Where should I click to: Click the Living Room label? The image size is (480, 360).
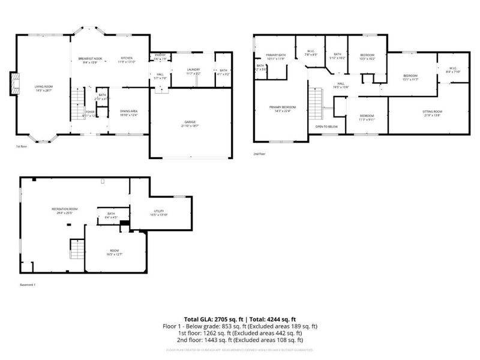pyautogui.click(x=44, y=88)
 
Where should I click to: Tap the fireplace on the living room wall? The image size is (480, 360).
pyautogui.click(x=14, y=85)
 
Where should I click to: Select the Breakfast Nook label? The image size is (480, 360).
pyautogui.click(x=90, y=58)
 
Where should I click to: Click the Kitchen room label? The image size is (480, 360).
pyautogui.click(x=126, y=58)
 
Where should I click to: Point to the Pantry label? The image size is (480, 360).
pyautogui.click(x=160, y=55)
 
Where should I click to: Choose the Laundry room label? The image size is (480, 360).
pyautogui.click(x=193, y=70)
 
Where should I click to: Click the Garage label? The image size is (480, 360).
pyautogui.click(x=190, y=124)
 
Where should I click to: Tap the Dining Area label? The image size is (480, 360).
pyautogui.click(x=129, y=111)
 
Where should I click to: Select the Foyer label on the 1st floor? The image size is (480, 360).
pyautogui.click(x=89, y=112)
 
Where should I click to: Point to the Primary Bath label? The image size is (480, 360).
pyautogui.click(x=275, y=55)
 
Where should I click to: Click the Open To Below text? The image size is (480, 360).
pyautogui.click(x=326, y=127)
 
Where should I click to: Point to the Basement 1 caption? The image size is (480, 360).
pyautogui.click(x=28, y=284)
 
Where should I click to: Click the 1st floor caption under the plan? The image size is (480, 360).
pyautogui.click(x=21, y=146)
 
